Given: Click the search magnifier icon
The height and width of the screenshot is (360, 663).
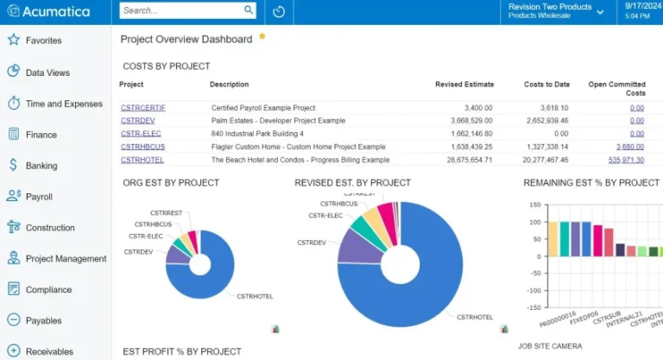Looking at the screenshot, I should pyautogui.click(x=249, y=10).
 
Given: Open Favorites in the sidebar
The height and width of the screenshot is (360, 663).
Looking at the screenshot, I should pyautogui.click(x=43, y=41).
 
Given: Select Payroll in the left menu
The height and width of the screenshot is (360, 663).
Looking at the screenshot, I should pyautogui.click(x=39, y=197).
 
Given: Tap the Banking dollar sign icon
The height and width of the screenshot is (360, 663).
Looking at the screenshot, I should pyautogui.click(x=13, y=165).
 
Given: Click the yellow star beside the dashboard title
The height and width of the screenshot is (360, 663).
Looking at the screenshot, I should pyautogui.click(x=262, y=37).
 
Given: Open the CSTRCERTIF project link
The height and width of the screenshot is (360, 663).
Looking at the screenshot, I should pyautogui.click(x=143, y=108).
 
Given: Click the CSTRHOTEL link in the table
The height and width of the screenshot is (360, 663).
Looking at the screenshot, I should pyautogui.click(x=142, y=160).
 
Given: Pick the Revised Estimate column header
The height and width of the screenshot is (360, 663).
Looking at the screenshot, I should pyautogui.click(x=464, y=85).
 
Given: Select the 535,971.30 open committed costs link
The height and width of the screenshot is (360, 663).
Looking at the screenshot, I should pyautogui.click(x=626, y=160).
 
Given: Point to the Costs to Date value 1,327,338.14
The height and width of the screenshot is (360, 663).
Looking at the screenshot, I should pyautogui.click(x=546, y=147).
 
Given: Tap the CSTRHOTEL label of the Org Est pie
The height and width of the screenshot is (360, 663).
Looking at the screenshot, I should pyautogui.click(x=255, y=296).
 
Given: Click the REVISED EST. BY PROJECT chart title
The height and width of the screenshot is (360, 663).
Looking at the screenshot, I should pyautogui.click(x=352, y=183).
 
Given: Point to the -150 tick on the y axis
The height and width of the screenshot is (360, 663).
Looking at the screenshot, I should pyautogui.click(x=534, y=308).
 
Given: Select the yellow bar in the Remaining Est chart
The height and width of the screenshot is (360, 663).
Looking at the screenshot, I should pyautogui.click(x=552, y=238).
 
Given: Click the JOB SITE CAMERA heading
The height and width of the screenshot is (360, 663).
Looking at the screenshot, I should pyautogui.click(x=550, y=346).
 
